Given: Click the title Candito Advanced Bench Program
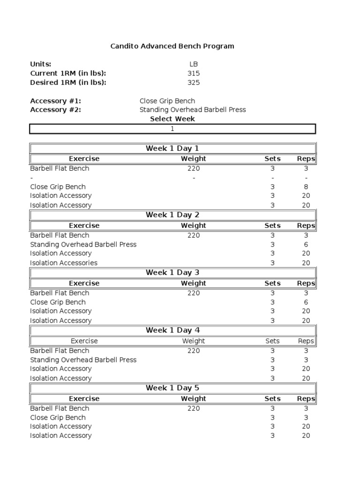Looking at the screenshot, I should (x=172, y=46).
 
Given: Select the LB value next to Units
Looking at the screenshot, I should (x=193, y=64).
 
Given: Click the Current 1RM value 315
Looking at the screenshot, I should (x=193, y=73).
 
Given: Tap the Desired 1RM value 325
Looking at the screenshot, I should (x=193, y=82).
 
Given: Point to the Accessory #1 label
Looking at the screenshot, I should (x=59, y=101).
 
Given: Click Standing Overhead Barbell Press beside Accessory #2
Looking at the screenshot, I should (x=192, y=110).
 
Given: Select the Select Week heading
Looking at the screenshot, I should (x=172, y=119).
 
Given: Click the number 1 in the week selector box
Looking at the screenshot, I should (x=172, y=129).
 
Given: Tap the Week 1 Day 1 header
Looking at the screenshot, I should (x=172, y=148).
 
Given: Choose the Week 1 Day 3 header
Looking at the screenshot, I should (x=172, y=272).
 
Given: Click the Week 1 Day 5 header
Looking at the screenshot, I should (x=172, y=388).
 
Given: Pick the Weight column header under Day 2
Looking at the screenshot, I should (x=193, y=225).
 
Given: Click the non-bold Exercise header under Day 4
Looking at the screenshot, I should (x=84, y=341).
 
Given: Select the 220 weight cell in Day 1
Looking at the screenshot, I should (x=193, y=168).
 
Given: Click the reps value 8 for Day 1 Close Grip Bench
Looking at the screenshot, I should (x=306, y=187).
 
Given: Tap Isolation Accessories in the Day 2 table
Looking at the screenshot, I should (x=64, y=263).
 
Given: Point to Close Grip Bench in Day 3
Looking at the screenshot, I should (x=58, y=302).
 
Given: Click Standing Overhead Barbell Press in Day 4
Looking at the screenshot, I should (x=83, y=360).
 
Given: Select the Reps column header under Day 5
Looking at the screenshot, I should (x=306, y=398).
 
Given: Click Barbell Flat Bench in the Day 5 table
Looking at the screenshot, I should (x=60, y=408).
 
